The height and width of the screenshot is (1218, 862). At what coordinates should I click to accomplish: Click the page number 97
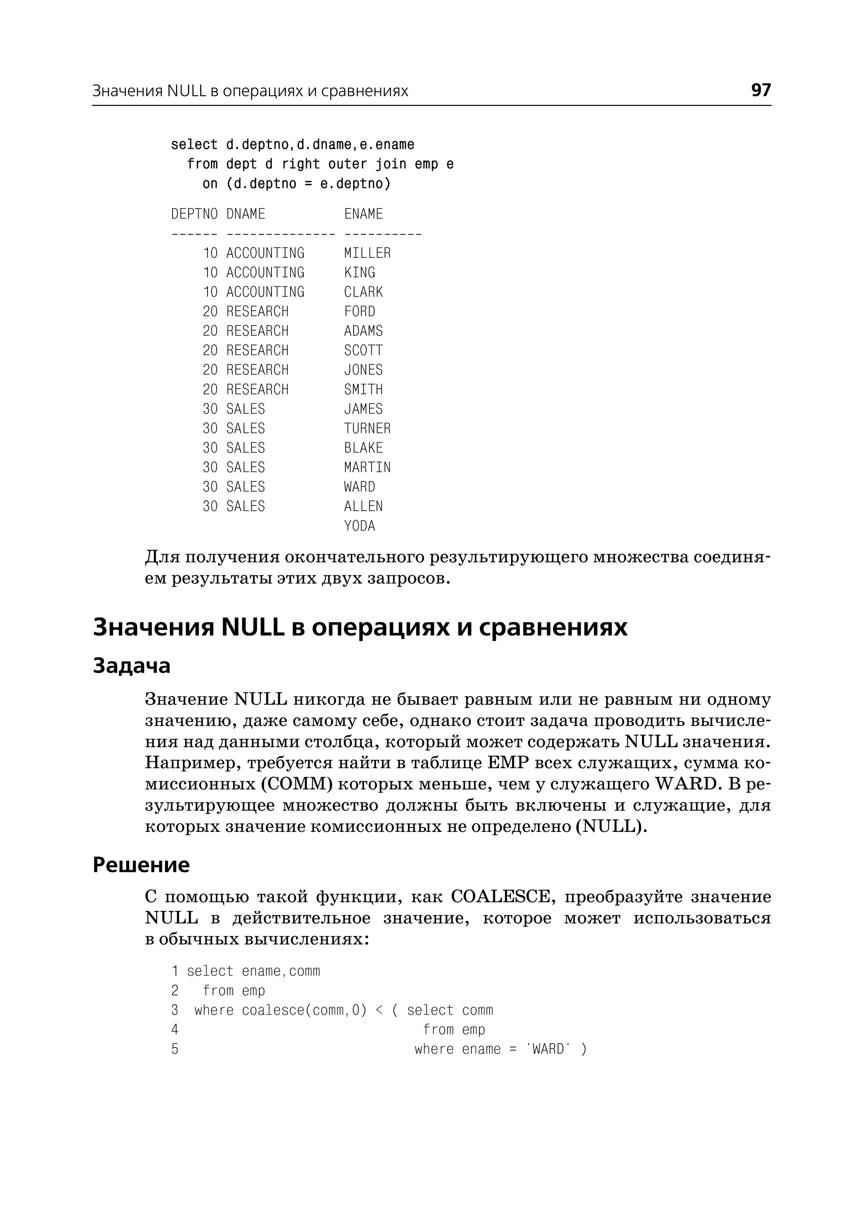coord(761,90)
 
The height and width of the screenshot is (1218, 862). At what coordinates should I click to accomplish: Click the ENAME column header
coord(363,214)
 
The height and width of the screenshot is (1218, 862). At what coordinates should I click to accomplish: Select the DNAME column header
coord(245,214)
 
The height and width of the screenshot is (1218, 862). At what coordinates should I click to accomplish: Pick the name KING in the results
coord(359,272)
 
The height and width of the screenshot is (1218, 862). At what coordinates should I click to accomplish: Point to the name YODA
coord(359,526)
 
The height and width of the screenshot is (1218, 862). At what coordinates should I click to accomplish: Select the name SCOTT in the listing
coord(363,350)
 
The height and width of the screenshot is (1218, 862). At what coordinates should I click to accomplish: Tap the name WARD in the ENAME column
coord(359,487)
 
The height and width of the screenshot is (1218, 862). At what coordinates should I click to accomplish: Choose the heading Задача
coord(132,665)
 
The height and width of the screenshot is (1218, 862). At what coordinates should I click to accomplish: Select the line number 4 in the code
coord(175,1029)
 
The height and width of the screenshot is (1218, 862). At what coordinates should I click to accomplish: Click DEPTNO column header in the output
coord(194,214)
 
